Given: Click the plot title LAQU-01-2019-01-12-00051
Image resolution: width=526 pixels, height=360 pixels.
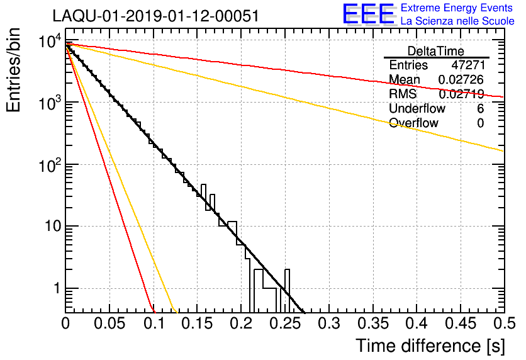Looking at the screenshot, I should [155, 16].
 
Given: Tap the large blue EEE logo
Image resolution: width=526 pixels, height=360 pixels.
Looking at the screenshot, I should [369, 14].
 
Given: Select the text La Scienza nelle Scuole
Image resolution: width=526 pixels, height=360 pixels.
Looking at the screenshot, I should [457, 21].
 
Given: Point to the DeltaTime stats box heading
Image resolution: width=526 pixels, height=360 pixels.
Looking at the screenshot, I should [436, 51].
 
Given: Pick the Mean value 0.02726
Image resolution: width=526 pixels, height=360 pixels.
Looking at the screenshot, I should [461, 80].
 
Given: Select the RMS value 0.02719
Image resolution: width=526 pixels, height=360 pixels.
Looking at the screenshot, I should [461, 94].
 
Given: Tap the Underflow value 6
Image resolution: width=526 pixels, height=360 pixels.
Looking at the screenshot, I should [480, 109].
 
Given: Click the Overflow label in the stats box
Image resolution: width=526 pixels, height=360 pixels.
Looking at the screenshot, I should [413, 123].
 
